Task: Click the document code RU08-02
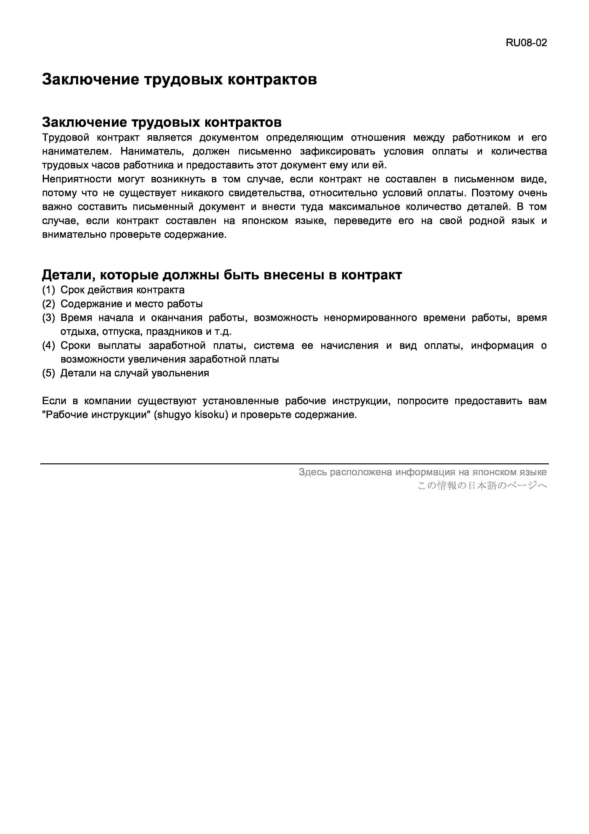(526, 43)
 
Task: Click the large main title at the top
(179, 79)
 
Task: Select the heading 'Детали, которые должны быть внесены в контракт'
(222, 275)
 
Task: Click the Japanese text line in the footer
(482, 486)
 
